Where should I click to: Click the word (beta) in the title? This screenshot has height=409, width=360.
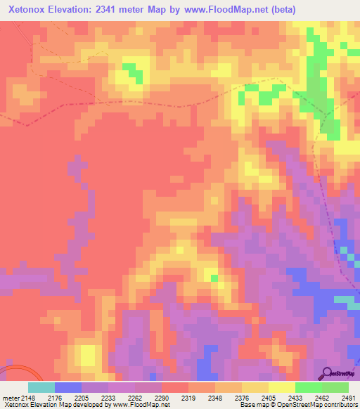pyautogui.click(x=280, y=9)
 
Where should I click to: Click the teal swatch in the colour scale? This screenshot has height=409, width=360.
pyautogui.click(x=41, y=387)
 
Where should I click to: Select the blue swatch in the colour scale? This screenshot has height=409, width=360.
pyautogui.click(x=67, y=387)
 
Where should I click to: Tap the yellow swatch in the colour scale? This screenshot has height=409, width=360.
pyautogui.click(x=281, y=387)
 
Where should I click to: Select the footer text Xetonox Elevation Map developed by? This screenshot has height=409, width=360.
pyautogui.click(x=49, y=405)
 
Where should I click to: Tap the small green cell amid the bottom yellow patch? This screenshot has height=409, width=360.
pyautogui.click(x=214, y=278)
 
